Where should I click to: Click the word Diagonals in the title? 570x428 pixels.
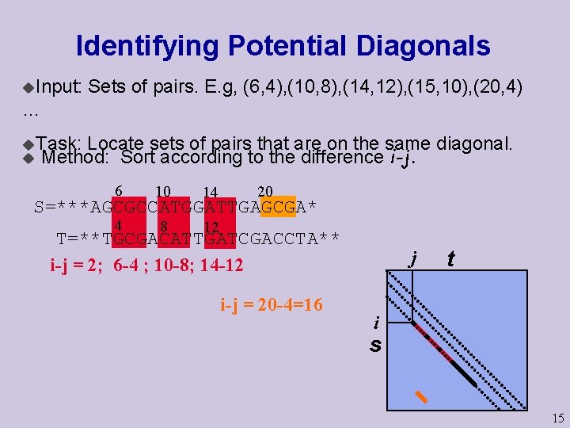click(423, 46)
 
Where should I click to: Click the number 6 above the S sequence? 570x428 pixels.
click(119, 191)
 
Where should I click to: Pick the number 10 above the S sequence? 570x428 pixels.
click(164, 191)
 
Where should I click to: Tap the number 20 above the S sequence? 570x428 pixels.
click(265, 191)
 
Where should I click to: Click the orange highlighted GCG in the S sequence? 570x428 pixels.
click(277, 208)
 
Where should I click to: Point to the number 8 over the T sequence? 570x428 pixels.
click(163, 224)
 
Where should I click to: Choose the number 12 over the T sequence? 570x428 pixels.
click(211, 227)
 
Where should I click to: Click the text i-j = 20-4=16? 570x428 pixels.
click(272, 304)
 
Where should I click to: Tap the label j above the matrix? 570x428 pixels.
click(412, 259)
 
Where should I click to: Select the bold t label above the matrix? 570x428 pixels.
click(450, 259)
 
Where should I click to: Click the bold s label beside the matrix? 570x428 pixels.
click(375, 346)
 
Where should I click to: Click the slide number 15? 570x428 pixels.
click(558, 418)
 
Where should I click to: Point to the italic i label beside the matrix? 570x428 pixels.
click(376, 323)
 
